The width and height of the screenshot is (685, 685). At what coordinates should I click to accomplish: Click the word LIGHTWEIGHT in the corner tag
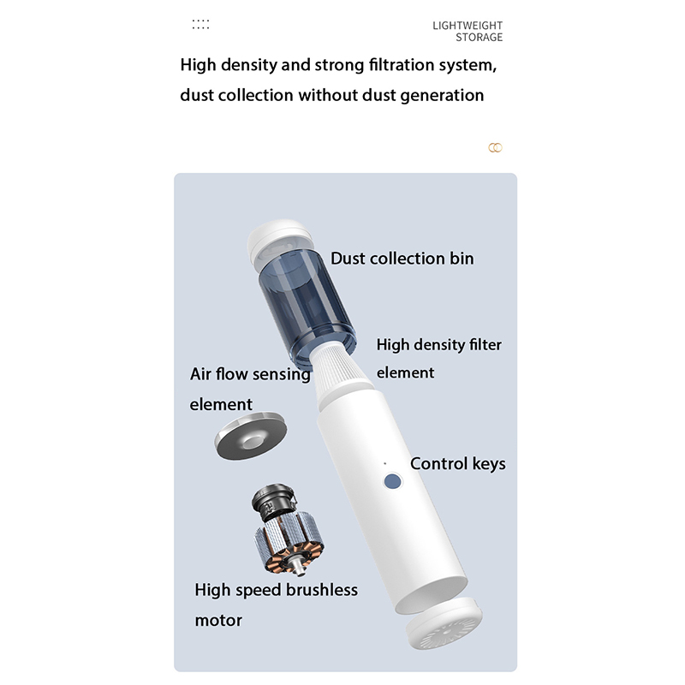click(x=467, y=26)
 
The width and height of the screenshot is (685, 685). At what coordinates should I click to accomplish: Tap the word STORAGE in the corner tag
click(x=479, y=37)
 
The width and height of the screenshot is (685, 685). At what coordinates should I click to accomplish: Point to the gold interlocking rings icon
click(x=495, y=147)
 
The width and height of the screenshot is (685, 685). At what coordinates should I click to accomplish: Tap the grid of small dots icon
click(x=200, y=25)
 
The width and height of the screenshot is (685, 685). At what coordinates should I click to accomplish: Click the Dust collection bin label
click(x=402, y=259)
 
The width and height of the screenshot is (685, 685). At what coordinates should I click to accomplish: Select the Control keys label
click(x=458, y=463)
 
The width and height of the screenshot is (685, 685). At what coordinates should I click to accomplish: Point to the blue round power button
click(x=392, y=481)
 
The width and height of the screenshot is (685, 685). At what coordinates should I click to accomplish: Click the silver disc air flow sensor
click(x=251, y=436)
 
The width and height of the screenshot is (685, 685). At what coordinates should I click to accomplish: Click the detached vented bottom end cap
click(x=444, y=622)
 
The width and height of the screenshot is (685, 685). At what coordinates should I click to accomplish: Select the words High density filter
click(x=439, y=345)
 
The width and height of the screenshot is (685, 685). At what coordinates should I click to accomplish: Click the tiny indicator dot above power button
click(x=384, y=463)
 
